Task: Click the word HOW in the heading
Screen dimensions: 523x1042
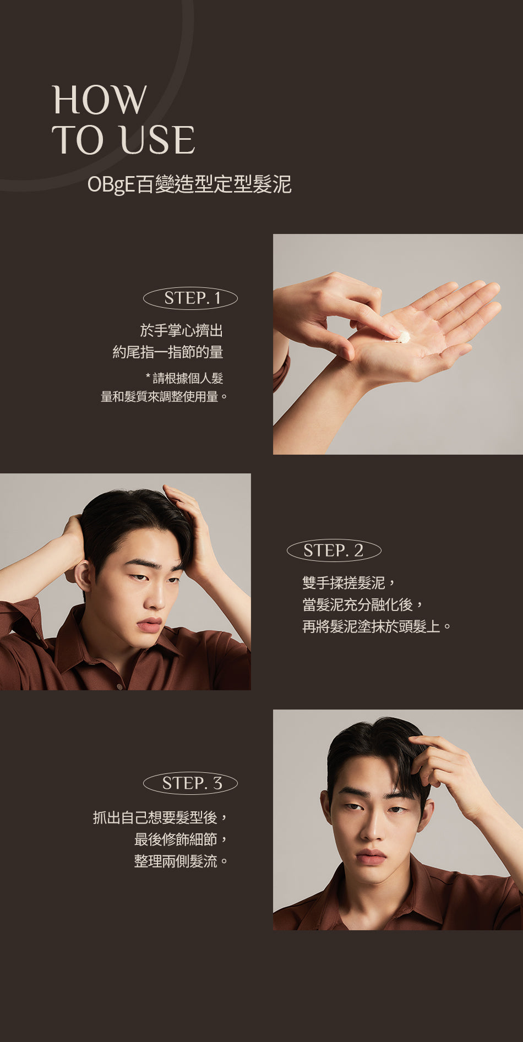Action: (100, 100)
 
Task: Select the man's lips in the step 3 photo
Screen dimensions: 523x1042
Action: (371, 856)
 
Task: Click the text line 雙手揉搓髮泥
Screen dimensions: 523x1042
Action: (344, 583)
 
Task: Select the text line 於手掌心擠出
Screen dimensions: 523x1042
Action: (182, 330)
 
